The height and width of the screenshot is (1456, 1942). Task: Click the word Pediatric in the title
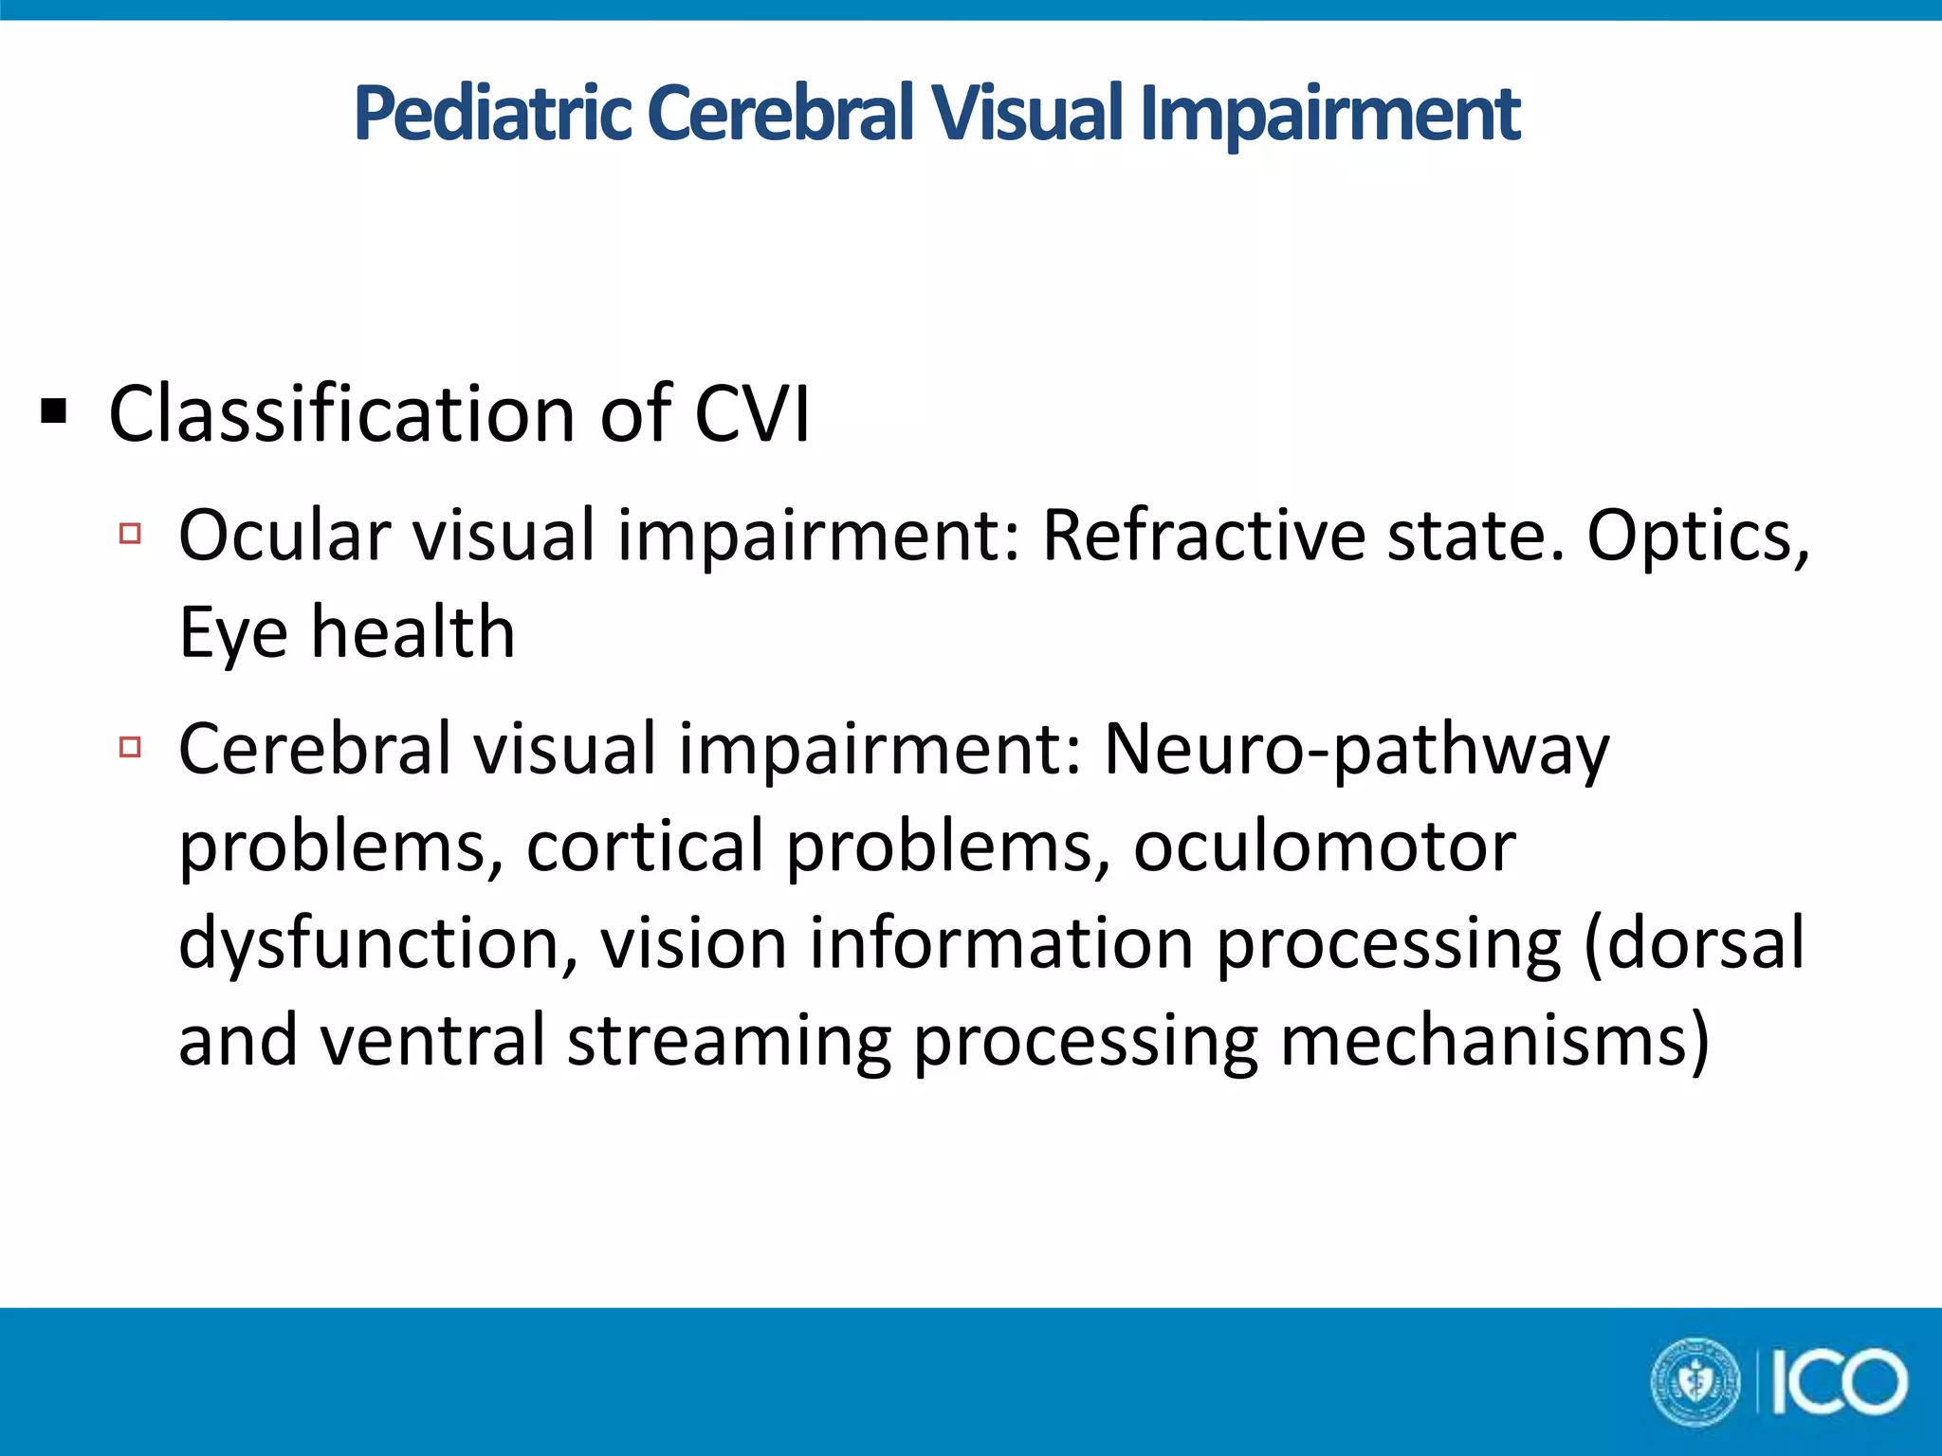point(493,114)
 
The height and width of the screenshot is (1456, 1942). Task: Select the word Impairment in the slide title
point(1330,114)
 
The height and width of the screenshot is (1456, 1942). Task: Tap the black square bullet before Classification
point(54,412)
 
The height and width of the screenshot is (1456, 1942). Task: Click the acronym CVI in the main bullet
point(752,414)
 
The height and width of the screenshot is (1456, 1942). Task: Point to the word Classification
point(341,414)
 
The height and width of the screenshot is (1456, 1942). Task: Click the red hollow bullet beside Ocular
point(131,533)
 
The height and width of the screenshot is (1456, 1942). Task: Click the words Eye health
point(347,632)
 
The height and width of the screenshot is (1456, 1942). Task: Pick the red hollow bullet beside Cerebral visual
point(131,747)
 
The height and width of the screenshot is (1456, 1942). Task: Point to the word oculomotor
point(1325,846)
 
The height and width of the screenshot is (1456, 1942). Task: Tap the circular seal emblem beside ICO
point(1696,1382)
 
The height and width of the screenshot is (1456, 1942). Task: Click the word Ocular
point(284,536)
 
